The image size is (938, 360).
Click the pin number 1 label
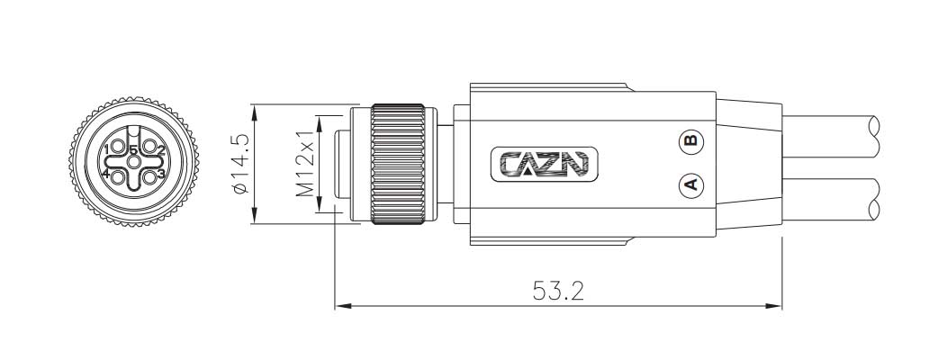(x=106, y=148)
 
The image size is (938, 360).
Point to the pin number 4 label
(x=105, y=174)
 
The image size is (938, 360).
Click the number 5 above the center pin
(x=133, y=149)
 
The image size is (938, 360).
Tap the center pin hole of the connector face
(x=133, y=163)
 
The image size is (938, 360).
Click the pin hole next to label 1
(x=117, y=148)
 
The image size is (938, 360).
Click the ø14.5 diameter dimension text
(x=239, y=164)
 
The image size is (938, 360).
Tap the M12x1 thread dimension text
(x=305, y=165)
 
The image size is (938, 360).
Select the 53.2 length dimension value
(x=557, y=291)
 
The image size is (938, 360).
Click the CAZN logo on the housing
(x=544, y=164)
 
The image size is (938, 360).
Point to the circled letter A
(x=690, y=185)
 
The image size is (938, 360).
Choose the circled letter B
(x=690, y=141)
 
